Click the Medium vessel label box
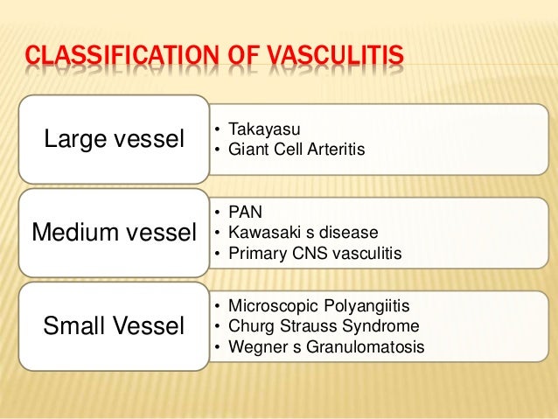[x=113, y=233]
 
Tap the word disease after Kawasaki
[x=351, y=233]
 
